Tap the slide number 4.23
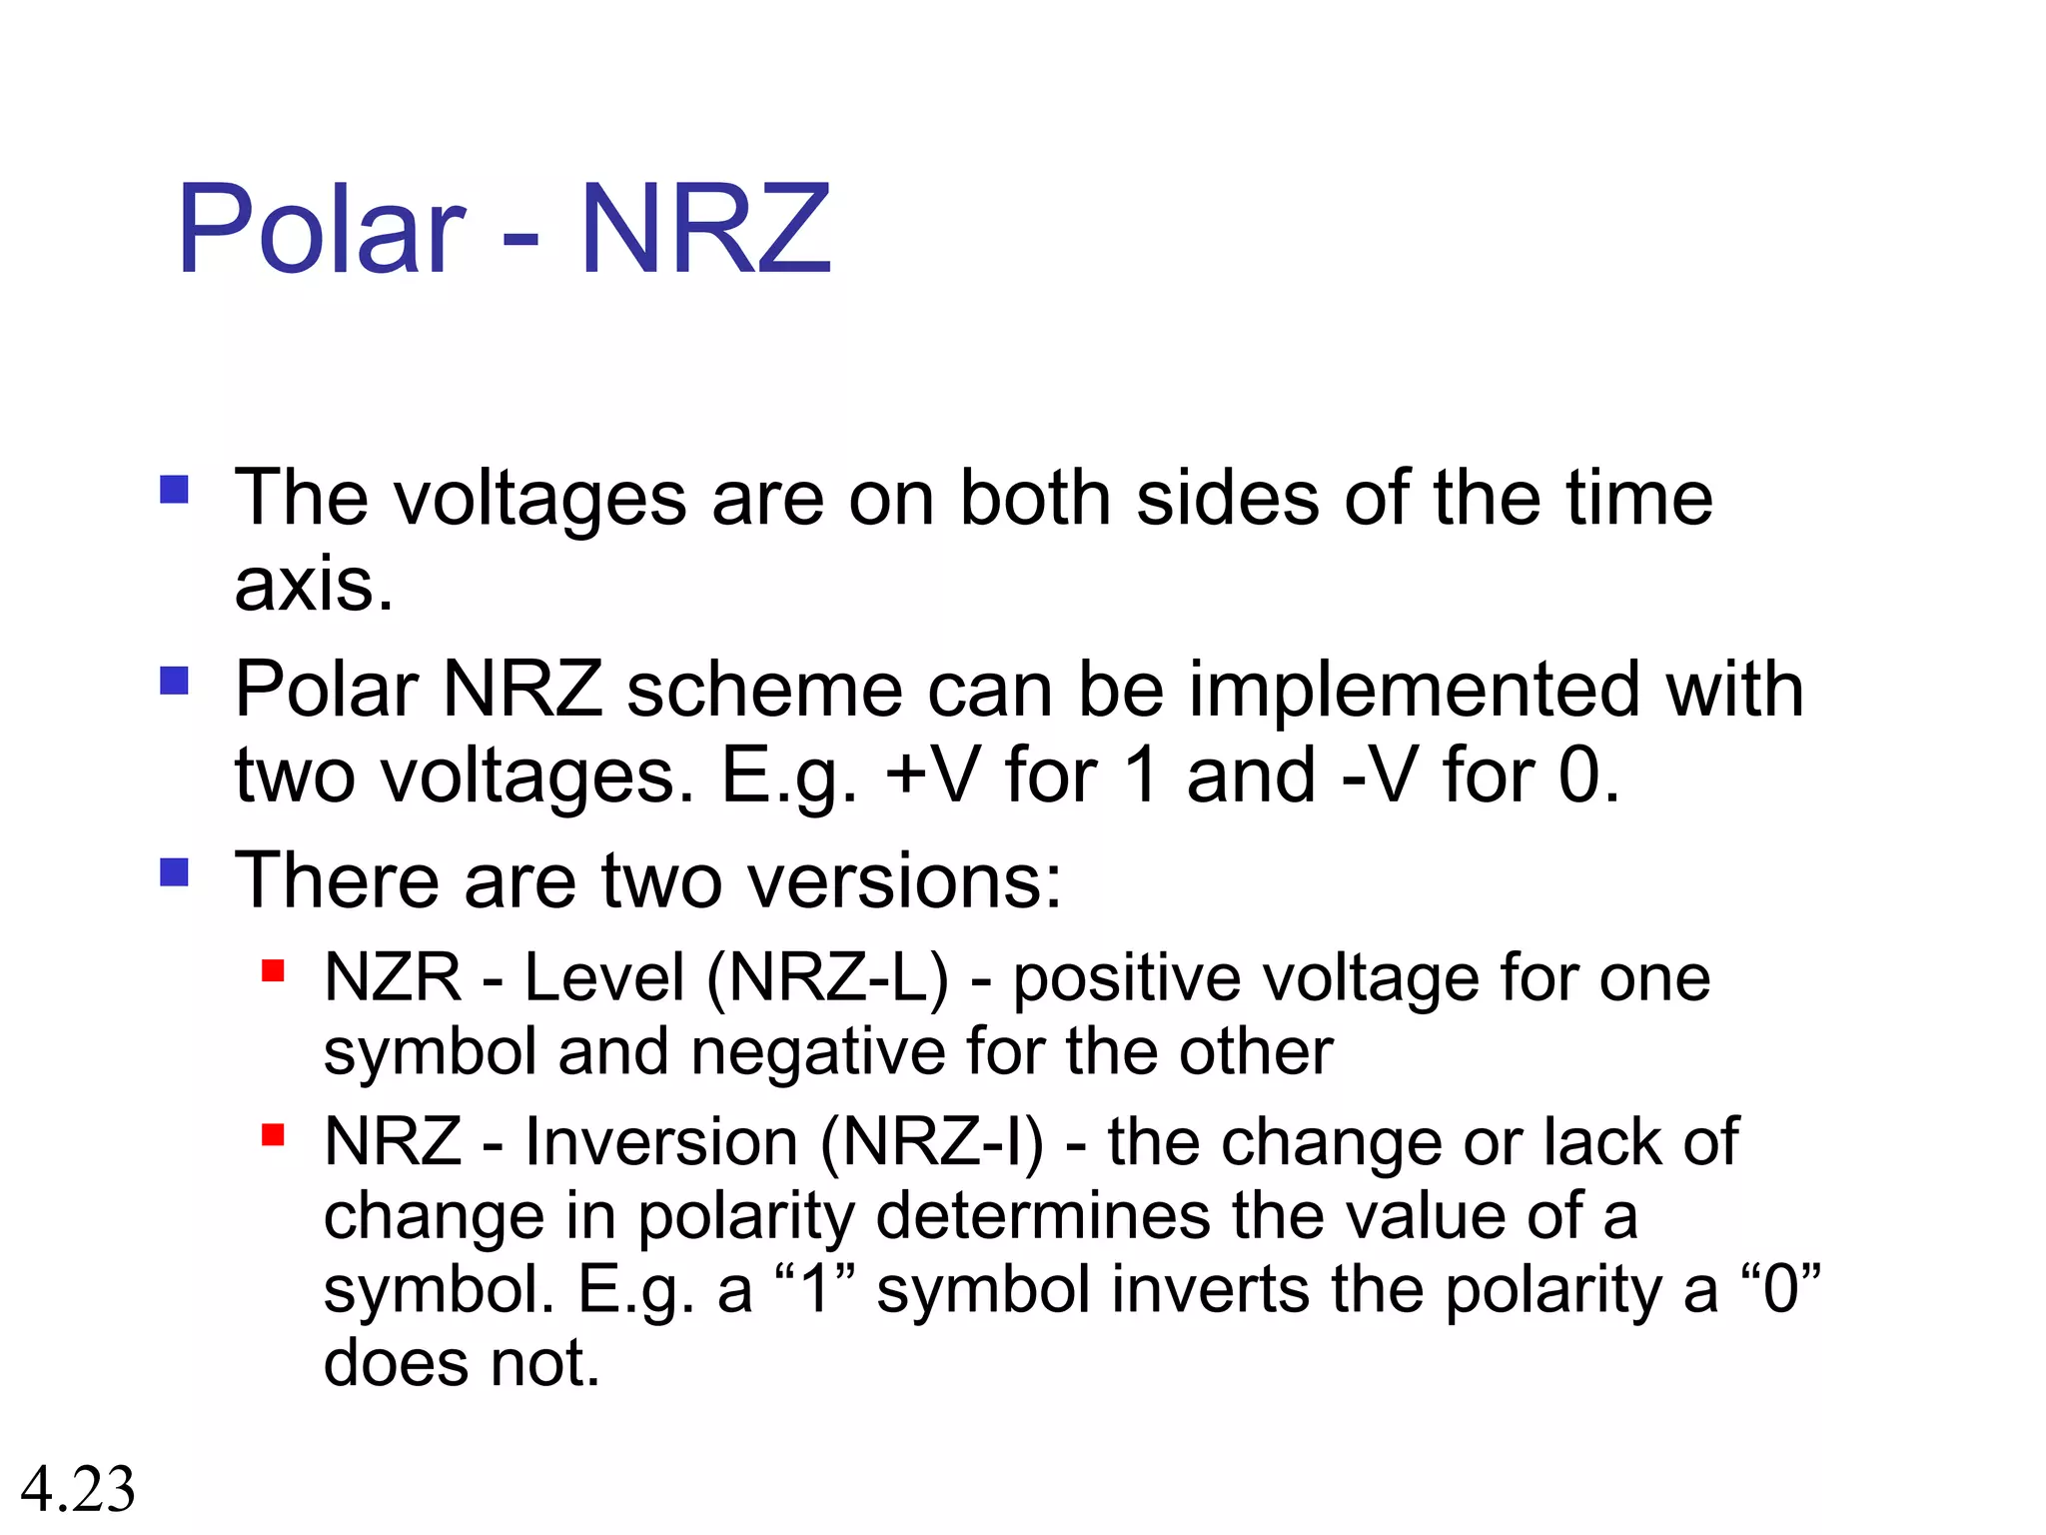tap(78, 1489)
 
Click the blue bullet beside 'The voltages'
tap(174, 490)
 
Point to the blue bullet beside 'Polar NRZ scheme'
tap(174, 682)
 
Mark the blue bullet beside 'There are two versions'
tap(174, 872)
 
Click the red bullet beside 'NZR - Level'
tap(273, 970)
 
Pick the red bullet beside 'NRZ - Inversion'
tap(273, 1135)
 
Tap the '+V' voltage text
tap(932, 774)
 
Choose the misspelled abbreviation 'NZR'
tap(393, 977)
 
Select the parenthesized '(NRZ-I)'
tap(931, 1141)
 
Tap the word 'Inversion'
tap(661, 1141)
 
